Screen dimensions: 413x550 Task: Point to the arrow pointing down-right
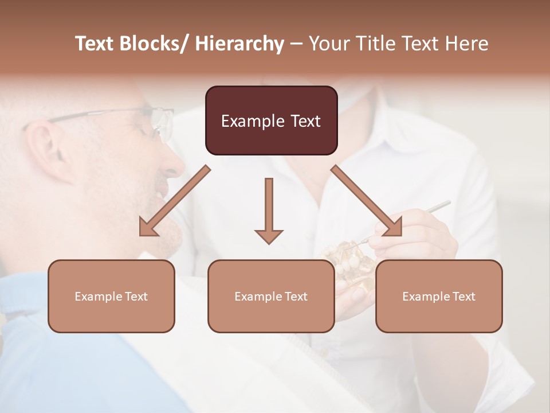coord(367,201)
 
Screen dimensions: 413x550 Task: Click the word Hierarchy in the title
coord(239,44)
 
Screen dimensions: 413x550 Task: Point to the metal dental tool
coord(430,209)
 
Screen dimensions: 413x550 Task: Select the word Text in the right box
coord(463,297)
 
